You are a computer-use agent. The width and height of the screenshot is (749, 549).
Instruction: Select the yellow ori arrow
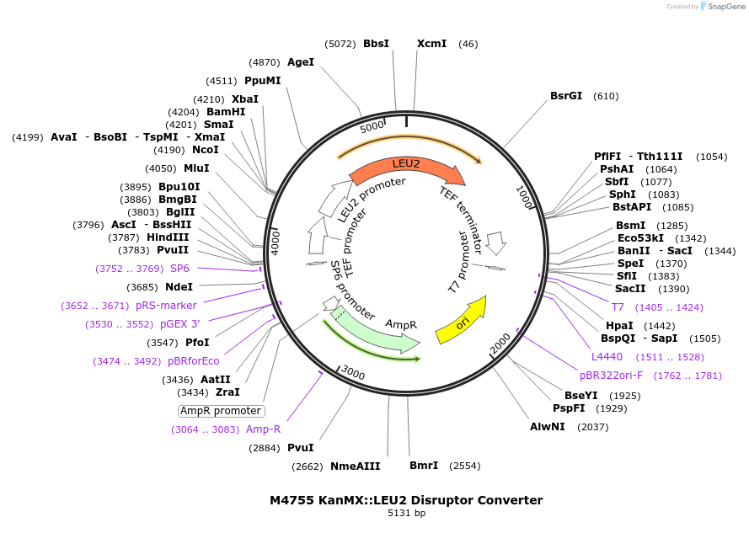pos(462,321)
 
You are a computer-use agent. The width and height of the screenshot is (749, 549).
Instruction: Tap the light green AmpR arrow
pos(379,332)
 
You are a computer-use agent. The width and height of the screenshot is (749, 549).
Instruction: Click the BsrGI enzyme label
pos(566,96)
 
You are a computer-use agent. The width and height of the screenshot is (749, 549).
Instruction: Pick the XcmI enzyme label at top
pos(431,44)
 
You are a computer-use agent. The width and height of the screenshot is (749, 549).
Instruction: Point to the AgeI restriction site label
pos(300,62)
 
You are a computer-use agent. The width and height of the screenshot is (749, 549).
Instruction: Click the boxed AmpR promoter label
pos(222,411)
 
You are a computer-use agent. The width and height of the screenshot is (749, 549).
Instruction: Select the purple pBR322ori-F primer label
pos(611,376)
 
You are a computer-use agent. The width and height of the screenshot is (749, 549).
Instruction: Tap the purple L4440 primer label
pos(607,357)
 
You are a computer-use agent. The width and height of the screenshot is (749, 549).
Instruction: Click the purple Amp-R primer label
pos(263,429)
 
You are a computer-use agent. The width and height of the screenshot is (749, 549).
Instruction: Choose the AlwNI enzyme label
pos(548,427)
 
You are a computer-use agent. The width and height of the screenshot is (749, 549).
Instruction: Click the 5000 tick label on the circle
pos(372,128)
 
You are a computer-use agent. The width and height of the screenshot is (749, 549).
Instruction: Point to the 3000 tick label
pos(353,373)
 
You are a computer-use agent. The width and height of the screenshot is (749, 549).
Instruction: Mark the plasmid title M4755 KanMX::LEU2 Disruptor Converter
pos(406,500)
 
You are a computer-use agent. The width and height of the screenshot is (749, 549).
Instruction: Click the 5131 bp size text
pos(406,513)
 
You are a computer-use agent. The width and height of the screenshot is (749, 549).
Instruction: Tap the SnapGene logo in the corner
pos(723,7)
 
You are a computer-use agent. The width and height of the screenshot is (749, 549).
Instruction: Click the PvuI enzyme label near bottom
pos(300,448)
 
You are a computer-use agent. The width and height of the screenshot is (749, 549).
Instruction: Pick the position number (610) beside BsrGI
pos(606,96)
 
